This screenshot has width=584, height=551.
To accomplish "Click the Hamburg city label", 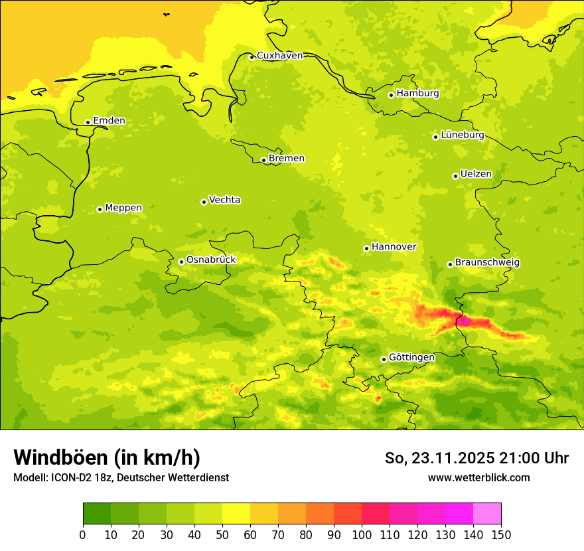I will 417,94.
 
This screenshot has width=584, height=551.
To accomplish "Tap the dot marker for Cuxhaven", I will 252,57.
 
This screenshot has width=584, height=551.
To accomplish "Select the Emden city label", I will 109,121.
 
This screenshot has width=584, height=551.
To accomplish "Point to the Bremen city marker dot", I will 263,160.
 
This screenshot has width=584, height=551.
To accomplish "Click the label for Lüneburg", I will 462,135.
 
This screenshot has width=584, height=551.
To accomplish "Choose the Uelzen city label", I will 476,174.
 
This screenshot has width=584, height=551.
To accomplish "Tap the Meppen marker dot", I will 100,209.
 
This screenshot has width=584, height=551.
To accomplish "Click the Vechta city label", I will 224,200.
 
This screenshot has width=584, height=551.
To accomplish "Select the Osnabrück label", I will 211,260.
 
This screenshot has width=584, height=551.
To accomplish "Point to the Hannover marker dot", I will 366,249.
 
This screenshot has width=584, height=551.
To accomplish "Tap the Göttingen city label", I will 411,357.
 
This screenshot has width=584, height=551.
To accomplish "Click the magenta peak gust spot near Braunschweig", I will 465,321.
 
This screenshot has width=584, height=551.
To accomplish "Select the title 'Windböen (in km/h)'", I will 107,457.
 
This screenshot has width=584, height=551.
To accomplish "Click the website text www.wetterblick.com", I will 478,477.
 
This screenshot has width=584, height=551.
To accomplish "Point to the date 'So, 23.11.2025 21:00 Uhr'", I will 476,458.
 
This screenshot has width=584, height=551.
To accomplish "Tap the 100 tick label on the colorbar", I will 362,534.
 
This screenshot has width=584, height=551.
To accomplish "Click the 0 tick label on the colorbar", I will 83,534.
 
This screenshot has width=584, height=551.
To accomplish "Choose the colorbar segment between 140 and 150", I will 487,514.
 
